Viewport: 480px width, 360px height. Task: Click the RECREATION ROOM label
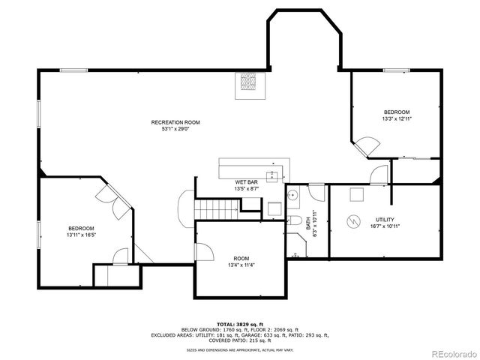tap(175, 122)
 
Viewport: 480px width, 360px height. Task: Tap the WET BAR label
tap(247, 183)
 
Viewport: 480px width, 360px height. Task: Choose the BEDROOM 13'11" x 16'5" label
tap(81, 228)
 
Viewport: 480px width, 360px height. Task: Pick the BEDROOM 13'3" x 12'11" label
tap(397, 112)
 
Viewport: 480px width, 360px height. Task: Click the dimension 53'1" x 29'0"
tap(175, 128)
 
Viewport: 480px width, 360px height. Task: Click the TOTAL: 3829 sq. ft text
tap(240, 324)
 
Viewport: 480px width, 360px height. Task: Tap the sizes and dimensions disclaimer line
tap(240, 349)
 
